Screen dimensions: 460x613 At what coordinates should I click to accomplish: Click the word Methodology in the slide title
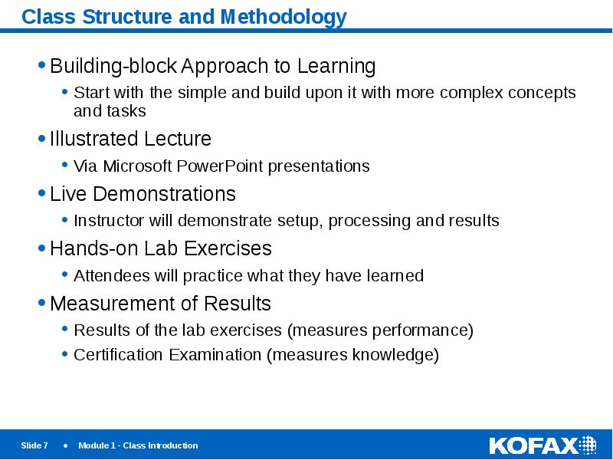coord(285,17)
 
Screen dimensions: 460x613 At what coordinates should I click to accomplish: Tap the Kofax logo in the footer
coord(543,445)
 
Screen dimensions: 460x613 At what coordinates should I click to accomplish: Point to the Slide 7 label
coord(34,445)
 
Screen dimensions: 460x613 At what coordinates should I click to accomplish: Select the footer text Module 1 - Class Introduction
coord(138,445)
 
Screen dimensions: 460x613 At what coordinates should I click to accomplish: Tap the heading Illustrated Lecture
coord(130,139)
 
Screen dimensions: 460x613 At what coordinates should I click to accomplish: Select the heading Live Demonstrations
coord(143,193)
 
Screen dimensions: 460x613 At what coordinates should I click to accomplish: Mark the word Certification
coord(119,355)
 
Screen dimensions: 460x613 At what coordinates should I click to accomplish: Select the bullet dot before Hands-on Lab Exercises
coord(41,248)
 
